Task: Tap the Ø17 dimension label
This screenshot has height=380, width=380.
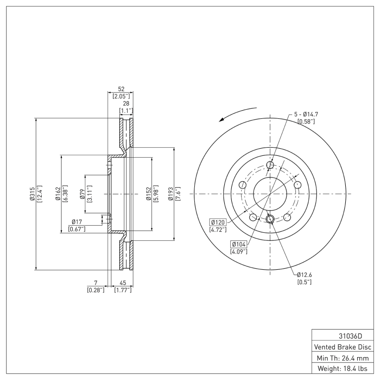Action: [x=76, y=222]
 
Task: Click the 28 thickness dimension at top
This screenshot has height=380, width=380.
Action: [x=125, y=104]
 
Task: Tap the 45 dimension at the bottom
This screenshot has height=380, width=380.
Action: [x=123, y=283]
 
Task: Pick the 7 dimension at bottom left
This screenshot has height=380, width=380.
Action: [x=95, y=283]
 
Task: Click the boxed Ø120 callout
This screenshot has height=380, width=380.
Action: [x=218, y=222]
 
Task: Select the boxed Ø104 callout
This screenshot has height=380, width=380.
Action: [x=239, y=244]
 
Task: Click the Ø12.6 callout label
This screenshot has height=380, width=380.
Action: [x=304, y=275]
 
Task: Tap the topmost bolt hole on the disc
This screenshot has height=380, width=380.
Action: [x=270, y=165]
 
